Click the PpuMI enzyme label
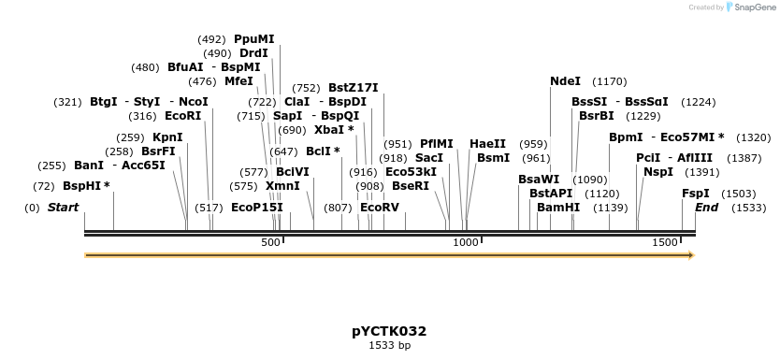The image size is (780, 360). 253,39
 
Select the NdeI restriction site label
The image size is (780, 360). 565,81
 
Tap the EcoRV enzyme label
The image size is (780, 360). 379,207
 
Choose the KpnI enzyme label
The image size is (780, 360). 167,137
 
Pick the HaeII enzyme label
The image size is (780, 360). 487,144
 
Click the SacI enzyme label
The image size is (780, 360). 428,158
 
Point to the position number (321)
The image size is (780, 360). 67,102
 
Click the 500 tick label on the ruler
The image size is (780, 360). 270,243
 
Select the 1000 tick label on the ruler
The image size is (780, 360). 466,243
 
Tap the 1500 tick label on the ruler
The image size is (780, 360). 664,243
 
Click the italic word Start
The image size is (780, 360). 63,207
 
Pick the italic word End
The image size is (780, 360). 706,207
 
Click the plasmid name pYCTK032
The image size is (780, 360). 389,331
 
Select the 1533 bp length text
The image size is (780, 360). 389,345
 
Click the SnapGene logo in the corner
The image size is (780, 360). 747,7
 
